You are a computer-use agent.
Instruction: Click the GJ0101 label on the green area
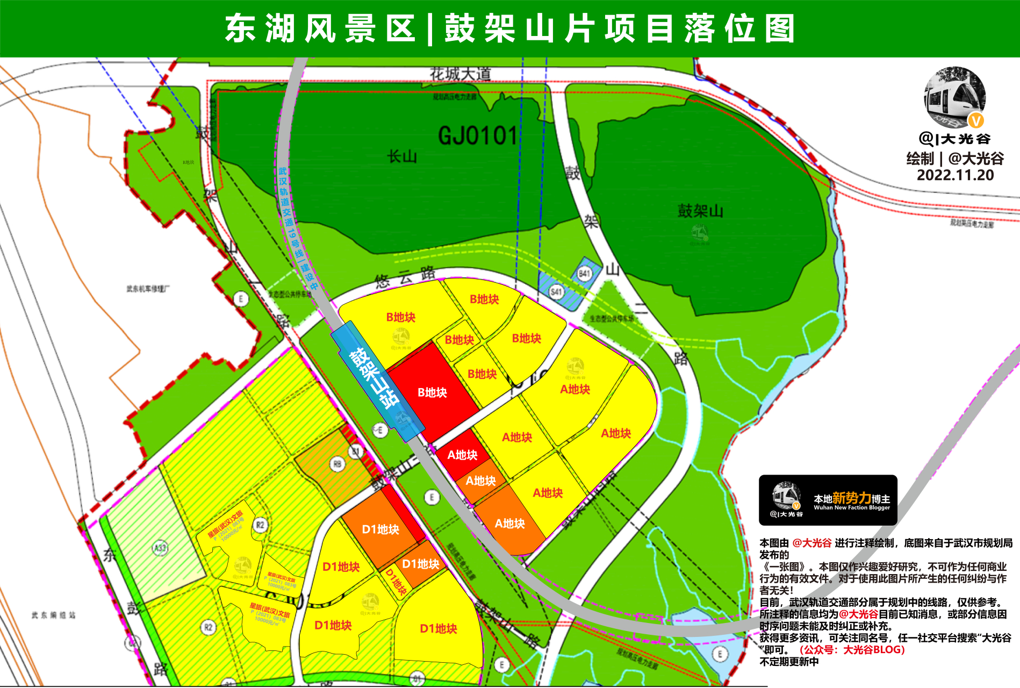click(478, 136)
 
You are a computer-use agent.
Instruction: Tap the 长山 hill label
click(402, 157)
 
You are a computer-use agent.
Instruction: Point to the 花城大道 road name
click(460, 74)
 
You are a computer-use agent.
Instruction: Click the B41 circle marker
click(584, 274)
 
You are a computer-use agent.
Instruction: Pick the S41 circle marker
click(556, 292)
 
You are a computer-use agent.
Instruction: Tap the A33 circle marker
click(160, 548)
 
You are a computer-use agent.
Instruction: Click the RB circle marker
click(337, 464)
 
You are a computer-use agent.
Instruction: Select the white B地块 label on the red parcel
click(432, 393)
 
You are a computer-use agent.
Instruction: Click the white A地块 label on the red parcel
click(462, 455)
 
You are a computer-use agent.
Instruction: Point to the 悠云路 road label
click(405, 277)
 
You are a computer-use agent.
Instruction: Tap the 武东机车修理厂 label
click(148, 289)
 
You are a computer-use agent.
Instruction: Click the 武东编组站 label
click(53, 615)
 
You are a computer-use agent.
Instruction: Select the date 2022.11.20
click(955, 175)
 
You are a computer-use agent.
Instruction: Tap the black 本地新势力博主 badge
click(828, 500)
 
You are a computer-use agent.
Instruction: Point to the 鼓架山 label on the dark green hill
click(700, 211)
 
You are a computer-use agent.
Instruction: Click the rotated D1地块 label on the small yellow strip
click(397, 582)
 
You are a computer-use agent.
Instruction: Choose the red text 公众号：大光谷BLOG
click(852, 650)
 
